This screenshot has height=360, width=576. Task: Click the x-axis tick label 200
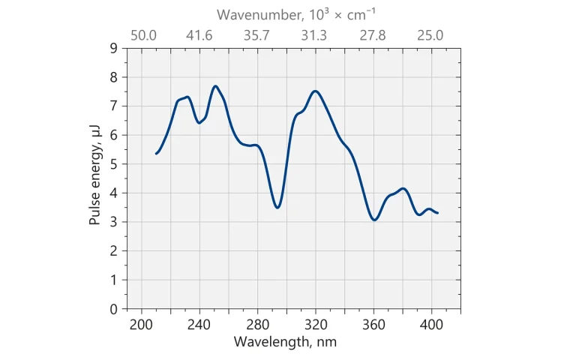(140, 325)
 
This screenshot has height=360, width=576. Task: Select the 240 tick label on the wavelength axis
(199, 325)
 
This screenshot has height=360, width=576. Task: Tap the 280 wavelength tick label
(257, 325)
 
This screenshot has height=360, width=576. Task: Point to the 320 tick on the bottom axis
(316, 325)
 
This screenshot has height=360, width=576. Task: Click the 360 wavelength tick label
(373, 325)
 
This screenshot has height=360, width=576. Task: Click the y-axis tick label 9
(114, 48)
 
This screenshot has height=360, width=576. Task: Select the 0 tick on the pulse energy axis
(114, 309)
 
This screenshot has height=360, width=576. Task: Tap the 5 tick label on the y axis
(114, 164)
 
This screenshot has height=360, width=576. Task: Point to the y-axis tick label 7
(114, 106)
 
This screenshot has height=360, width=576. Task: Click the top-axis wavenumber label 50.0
(143, 35)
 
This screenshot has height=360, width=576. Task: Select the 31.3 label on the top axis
(314, 35)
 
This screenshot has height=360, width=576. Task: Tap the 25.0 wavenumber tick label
(430, 35)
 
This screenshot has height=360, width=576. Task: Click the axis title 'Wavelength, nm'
(285, 342)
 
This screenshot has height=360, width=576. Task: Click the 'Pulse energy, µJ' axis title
(95, 178)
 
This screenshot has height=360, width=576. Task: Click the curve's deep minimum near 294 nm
(277, 208)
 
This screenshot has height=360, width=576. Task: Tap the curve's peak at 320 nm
(316, 91)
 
